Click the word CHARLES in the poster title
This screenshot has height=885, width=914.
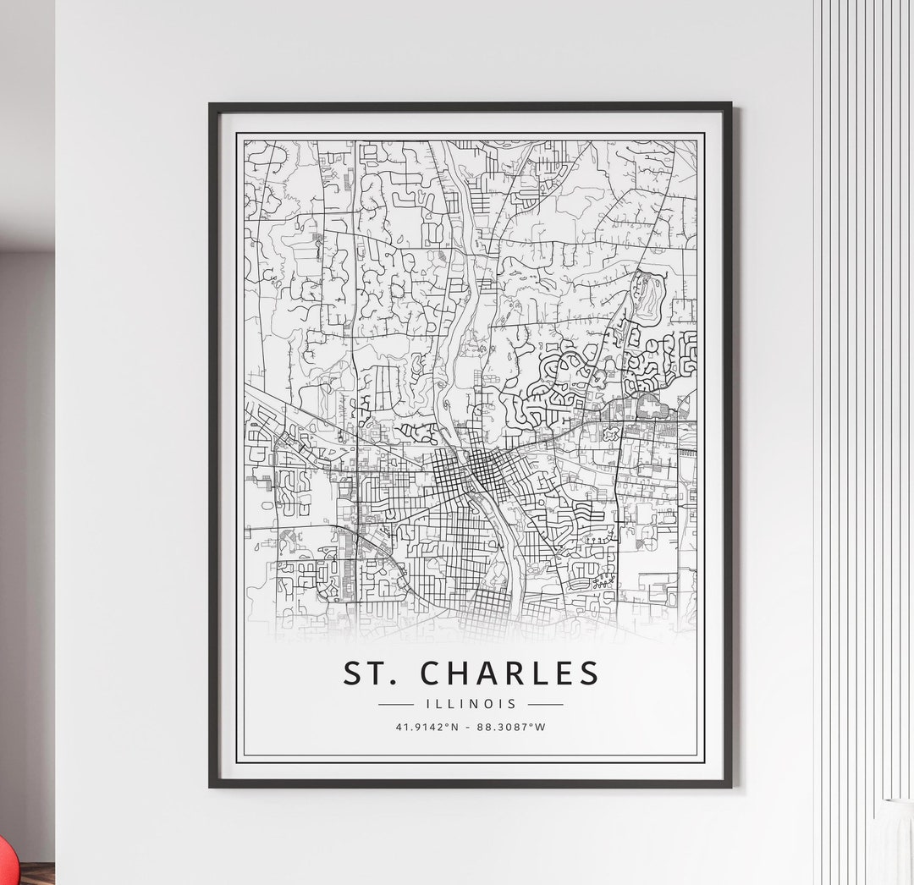point(509,673)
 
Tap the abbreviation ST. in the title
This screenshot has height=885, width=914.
point(371,673)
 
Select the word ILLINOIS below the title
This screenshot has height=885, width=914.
point(471,704)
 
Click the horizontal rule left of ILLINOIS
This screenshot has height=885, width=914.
point(395,704)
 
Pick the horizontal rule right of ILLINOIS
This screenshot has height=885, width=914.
point(545,704)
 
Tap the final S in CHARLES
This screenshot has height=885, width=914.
point(589,673)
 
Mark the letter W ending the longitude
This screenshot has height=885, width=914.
point(541,727)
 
